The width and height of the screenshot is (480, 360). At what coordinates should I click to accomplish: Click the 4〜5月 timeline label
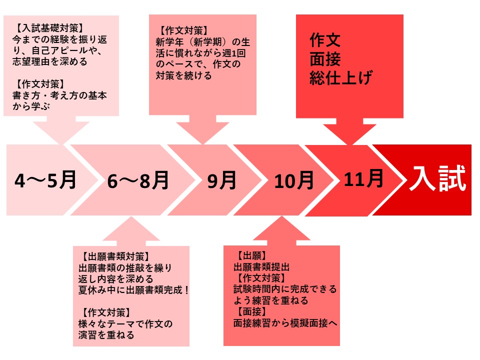click(45, 180)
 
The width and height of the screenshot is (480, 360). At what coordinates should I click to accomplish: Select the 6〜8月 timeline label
click(138, 180)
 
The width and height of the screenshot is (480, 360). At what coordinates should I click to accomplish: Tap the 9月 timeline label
click(222, 180)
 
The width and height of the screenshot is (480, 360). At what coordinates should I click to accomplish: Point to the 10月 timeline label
click(294, 180)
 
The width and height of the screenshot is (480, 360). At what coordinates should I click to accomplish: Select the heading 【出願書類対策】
click(116, 256)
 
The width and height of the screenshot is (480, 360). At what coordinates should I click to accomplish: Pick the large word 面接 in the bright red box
click(325, 59)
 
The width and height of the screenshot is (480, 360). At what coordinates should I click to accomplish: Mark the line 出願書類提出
click(261, 267)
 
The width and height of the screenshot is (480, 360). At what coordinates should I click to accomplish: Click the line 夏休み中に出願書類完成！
click(134, 289)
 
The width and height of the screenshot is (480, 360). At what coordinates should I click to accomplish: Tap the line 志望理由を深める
click(50, 61)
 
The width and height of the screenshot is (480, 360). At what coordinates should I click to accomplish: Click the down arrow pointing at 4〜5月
click(61, 129)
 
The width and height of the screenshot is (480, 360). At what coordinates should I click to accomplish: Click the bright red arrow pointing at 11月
click(350, 131)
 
